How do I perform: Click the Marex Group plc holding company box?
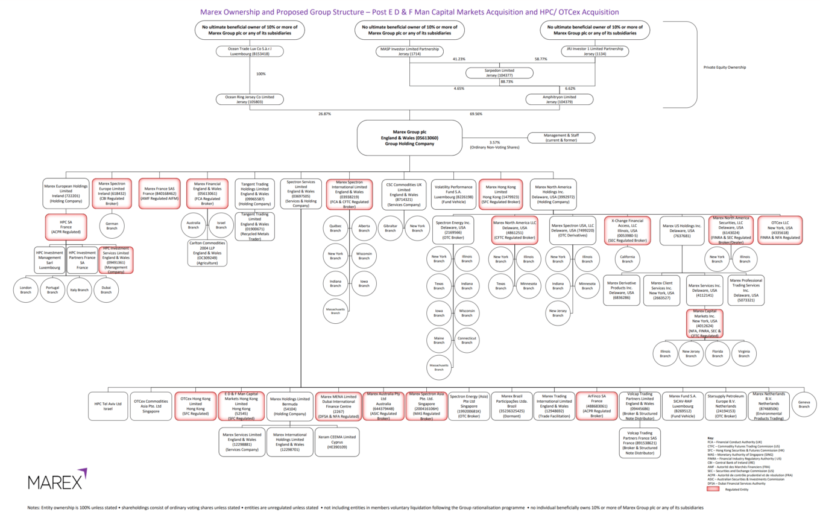[x=409, y=136]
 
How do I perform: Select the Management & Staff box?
[x=560, y=137]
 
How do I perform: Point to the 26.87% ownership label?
[x=324, y=113]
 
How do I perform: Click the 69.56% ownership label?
[x=476, y=113]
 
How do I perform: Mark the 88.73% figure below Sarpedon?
[x=506, y=81]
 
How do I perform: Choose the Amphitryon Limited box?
[x=560, y=99]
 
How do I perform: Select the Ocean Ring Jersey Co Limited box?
[x=249, y=99]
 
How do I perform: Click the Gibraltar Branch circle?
[x=389, y=228]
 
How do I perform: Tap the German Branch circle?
[x=112, y=225]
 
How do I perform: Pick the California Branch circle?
[x=627, y=259]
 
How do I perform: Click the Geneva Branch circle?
[x=803, y=404]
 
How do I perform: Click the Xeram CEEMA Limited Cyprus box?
[x=336, y=441]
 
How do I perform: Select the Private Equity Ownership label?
[x=725, y=67]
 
